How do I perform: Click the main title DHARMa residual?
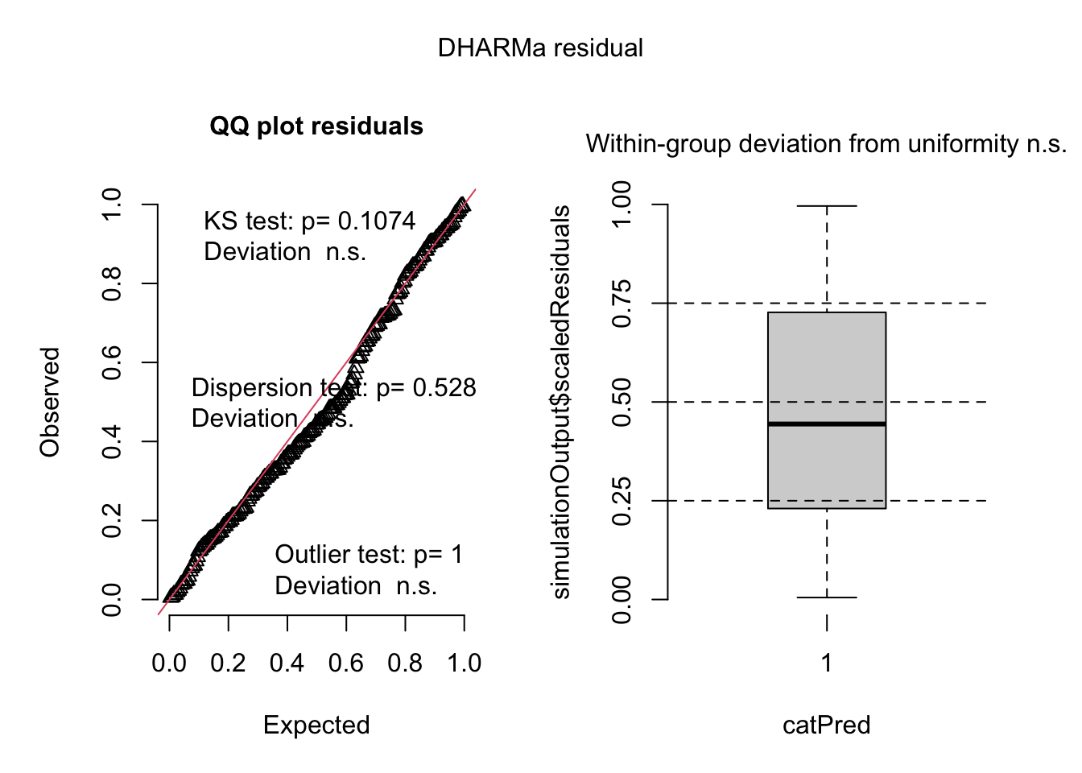(x=540, y=48)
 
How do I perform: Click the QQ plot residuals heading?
(x=316, y=126)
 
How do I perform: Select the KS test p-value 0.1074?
(x=377, y=221)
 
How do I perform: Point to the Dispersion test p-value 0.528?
(x=444, y=388)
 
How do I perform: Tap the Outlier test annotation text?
(x=369, y=555)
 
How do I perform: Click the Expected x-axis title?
(x=316, y=725)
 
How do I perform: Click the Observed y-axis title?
(x=50, y=403)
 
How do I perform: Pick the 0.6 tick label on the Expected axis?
(x=346, y=663)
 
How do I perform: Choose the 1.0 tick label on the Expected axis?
(x=465, y=663)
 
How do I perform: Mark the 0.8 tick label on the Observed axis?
(x=112, y=283)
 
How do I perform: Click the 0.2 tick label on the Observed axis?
(x=112, y=520)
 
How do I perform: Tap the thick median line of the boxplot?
(x=827, y=424)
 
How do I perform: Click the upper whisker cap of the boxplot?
(x=827, y=206)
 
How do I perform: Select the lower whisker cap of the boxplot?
(x=827, y=597)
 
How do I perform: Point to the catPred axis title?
(x=827, y=725)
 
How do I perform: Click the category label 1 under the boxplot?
(x=827, y=663)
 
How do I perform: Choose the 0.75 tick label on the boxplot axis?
(x=622, y=304)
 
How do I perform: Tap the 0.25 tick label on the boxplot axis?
(x=622, y=501)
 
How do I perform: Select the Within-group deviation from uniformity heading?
(x=826, y=144)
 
